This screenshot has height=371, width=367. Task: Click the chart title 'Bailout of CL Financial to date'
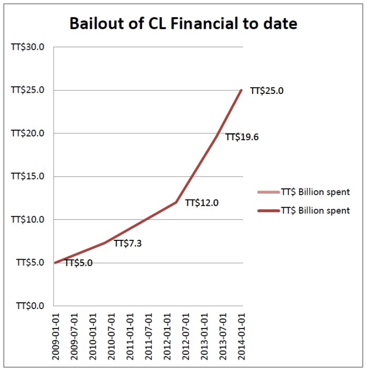pos(183,24)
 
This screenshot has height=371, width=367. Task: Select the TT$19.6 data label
pos(242,137)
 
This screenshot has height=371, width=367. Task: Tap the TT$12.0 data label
pos(202,203)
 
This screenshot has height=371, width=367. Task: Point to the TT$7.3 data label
pos(128,243)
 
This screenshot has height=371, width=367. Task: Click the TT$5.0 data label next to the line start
pos(78,263)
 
